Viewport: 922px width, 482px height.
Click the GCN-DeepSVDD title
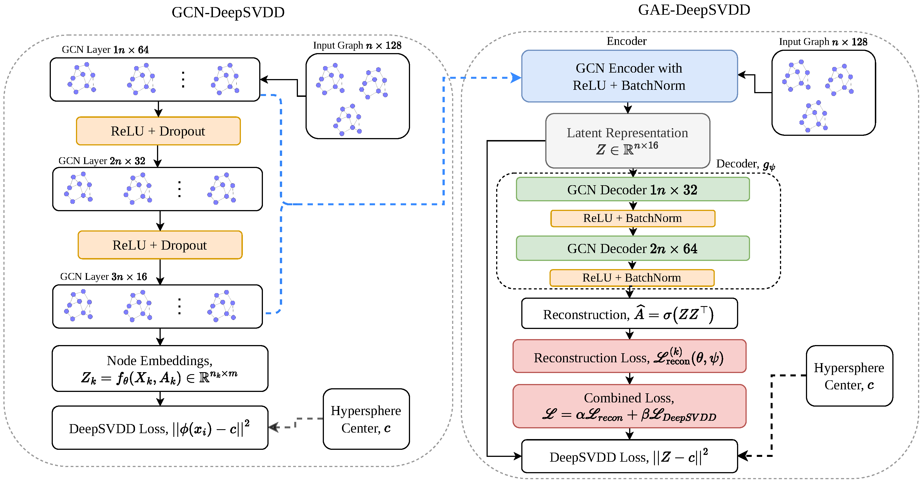point(228,12)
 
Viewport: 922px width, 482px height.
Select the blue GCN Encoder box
point(629,77)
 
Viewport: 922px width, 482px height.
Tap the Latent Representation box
point(627,141)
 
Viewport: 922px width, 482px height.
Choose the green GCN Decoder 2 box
point(633,248)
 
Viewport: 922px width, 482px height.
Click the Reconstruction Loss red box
point(629,357)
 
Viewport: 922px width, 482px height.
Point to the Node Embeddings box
point(160,368)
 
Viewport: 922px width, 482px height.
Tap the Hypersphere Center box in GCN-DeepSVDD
point(366,419)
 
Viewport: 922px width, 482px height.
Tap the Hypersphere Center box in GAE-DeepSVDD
point(849,376)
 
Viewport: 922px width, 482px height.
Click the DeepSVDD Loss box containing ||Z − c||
point(629,457)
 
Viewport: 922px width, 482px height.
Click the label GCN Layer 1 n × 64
point(105,50)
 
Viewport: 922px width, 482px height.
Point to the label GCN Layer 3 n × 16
point(103,277)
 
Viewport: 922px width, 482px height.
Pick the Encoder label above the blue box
point(626,41)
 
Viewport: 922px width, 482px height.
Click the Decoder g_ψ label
point(745,164)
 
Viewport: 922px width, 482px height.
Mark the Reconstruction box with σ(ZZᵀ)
point(629,314)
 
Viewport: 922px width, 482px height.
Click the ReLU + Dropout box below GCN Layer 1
point(158,131)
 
